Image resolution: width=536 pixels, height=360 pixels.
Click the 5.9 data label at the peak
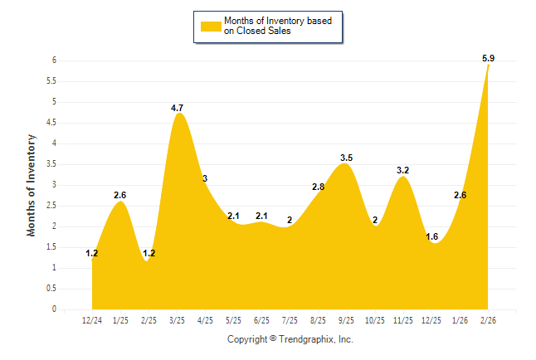pyautogui.click(x=488, y=58)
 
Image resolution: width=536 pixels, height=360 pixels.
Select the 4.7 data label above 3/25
pyautogui.click(x=177, y=108)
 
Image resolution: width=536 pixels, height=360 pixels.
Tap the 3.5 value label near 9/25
pyautogui.click(x=347, y=158)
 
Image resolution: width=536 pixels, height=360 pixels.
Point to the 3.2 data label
pyautogui.click(x=403, y=171)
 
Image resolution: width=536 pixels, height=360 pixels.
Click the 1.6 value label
pyautogui.click(x=432, y=236)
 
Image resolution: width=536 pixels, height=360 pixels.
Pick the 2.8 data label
pyautogui.click(x=318, y=187)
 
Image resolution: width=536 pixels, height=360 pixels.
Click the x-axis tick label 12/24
pyautogui.click(x=92, y=319)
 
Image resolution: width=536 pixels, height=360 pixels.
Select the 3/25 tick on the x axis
pyautogui.click(x=177, y=319)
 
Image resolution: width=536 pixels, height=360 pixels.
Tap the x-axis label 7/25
pyautogui.click(x=290, y=319)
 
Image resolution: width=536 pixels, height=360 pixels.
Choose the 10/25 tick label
pyautogui.click(x=375, y=319)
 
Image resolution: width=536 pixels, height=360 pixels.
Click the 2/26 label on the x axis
pyautogui.click(x=488, y=319)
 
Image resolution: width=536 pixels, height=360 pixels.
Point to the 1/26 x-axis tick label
pyautogui.click(x=460, y=319)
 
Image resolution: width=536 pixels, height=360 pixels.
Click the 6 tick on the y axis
pyautogui.click(x=53, y=61)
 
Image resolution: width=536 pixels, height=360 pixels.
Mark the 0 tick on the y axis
pyautogui.click(x=53, y=309)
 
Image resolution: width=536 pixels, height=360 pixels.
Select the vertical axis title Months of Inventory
pyautogui.click(x=32, y=185)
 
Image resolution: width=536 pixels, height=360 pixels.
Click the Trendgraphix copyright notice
pyautogui.click(x=290, y=340)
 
